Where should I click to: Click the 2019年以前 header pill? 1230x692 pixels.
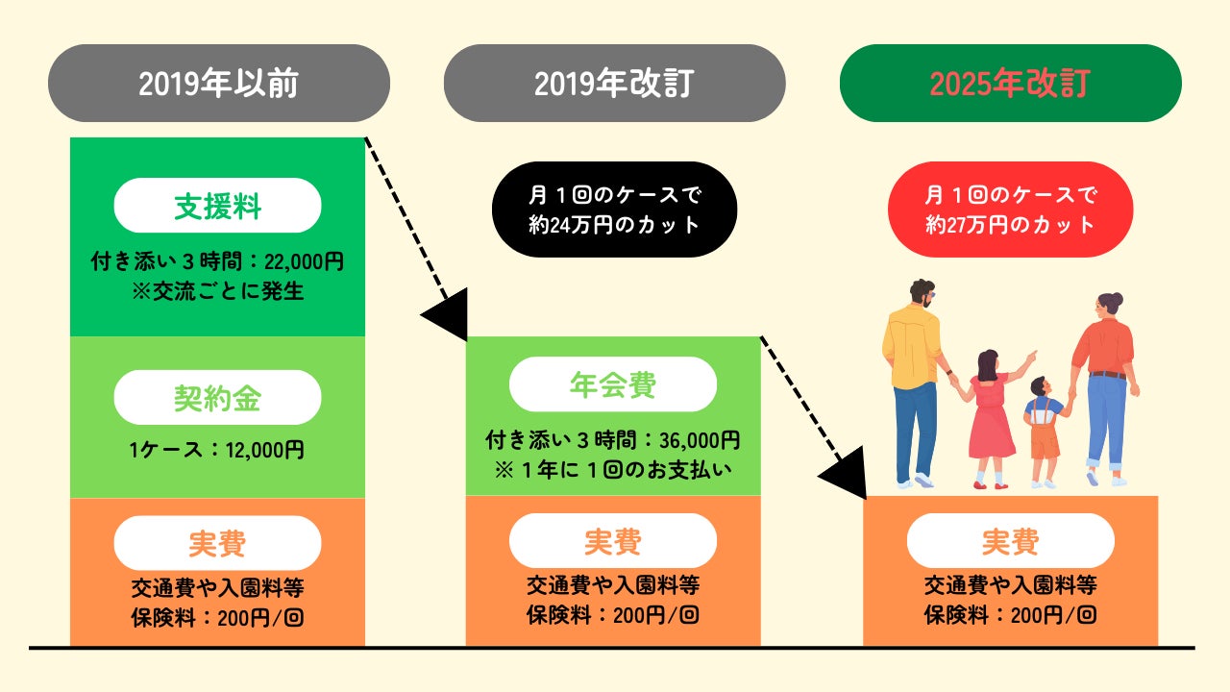(218, 84)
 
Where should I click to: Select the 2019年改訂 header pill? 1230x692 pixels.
(614, 84)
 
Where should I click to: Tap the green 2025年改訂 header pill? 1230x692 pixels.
(1010, 84)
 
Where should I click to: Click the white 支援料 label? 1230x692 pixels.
(217, 206)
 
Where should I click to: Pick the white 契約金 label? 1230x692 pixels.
(217, 398)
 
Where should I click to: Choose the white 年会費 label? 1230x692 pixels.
(613, 384)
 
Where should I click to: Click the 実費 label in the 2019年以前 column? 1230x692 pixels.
(217, 543)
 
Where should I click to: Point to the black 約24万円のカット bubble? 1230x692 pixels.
(614, 210)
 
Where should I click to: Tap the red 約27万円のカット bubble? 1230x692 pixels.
(1010, 210)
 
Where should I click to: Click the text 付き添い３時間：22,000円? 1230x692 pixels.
(217, 260)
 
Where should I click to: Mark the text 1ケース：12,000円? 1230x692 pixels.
(217, 449)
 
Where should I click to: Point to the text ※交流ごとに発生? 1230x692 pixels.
(217, 291)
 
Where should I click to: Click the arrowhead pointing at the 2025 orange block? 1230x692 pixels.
(843, 475)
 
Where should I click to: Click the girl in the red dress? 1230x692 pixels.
(990, 413)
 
